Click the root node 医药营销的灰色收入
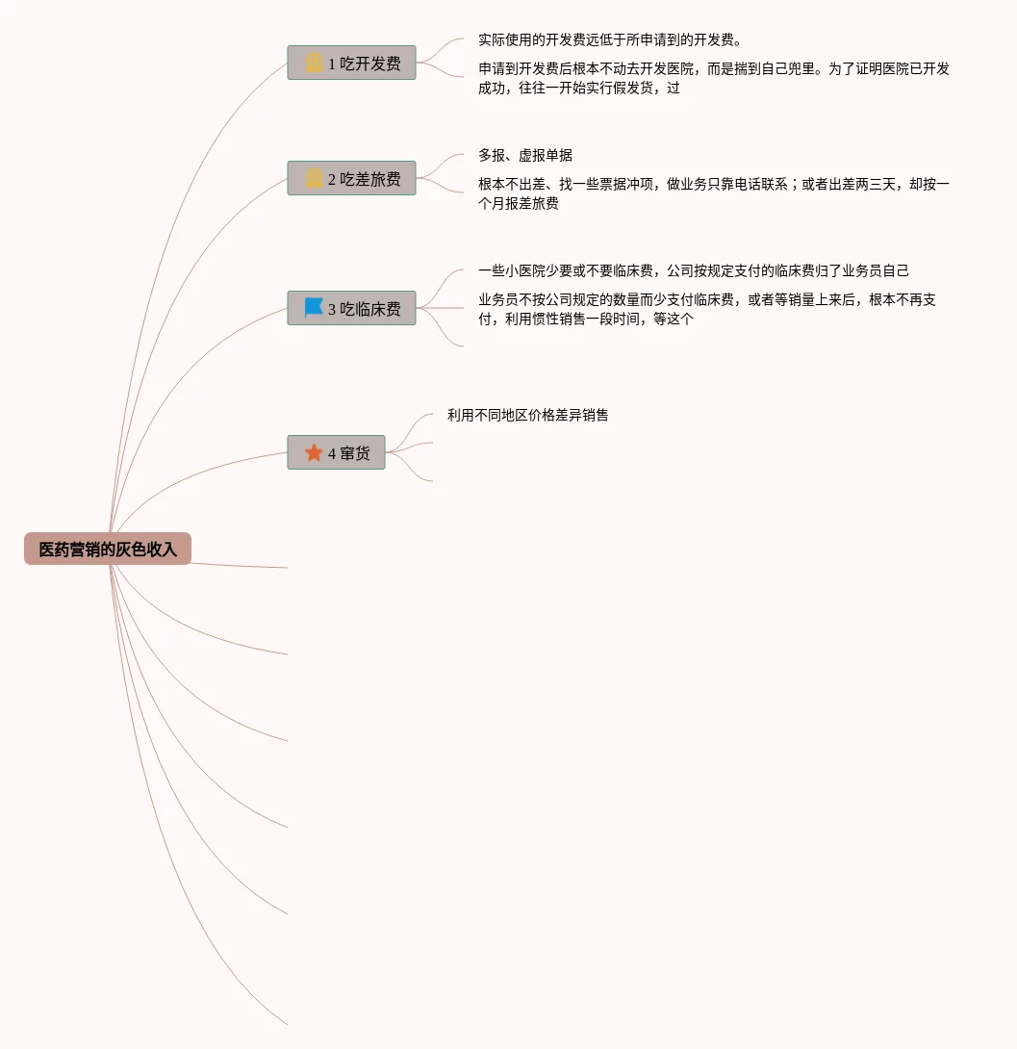(108, 550)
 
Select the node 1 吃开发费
(351, 64)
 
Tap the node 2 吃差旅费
(351, 179)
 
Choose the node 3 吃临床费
(351, 309)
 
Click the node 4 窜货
(336, 453)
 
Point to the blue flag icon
(314, 308)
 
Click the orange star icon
(314, 452)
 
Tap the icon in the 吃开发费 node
(314, 64)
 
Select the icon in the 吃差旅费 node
(314, 179)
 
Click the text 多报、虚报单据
(525, 156)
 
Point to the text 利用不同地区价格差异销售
(527, 416)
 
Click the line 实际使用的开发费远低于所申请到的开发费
(609, 40)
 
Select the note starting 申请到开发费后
(713, 79)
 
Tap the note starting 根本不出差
(713, 194)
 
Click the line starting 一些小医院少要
(693, 271)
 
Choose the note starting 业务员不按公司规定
(706, 310)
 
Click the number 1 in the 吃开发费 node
(332, 64)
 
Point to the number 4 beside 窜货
(332, 454)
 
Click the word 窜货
(355, 453)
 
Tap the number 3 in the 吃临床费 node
(332, 310)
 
